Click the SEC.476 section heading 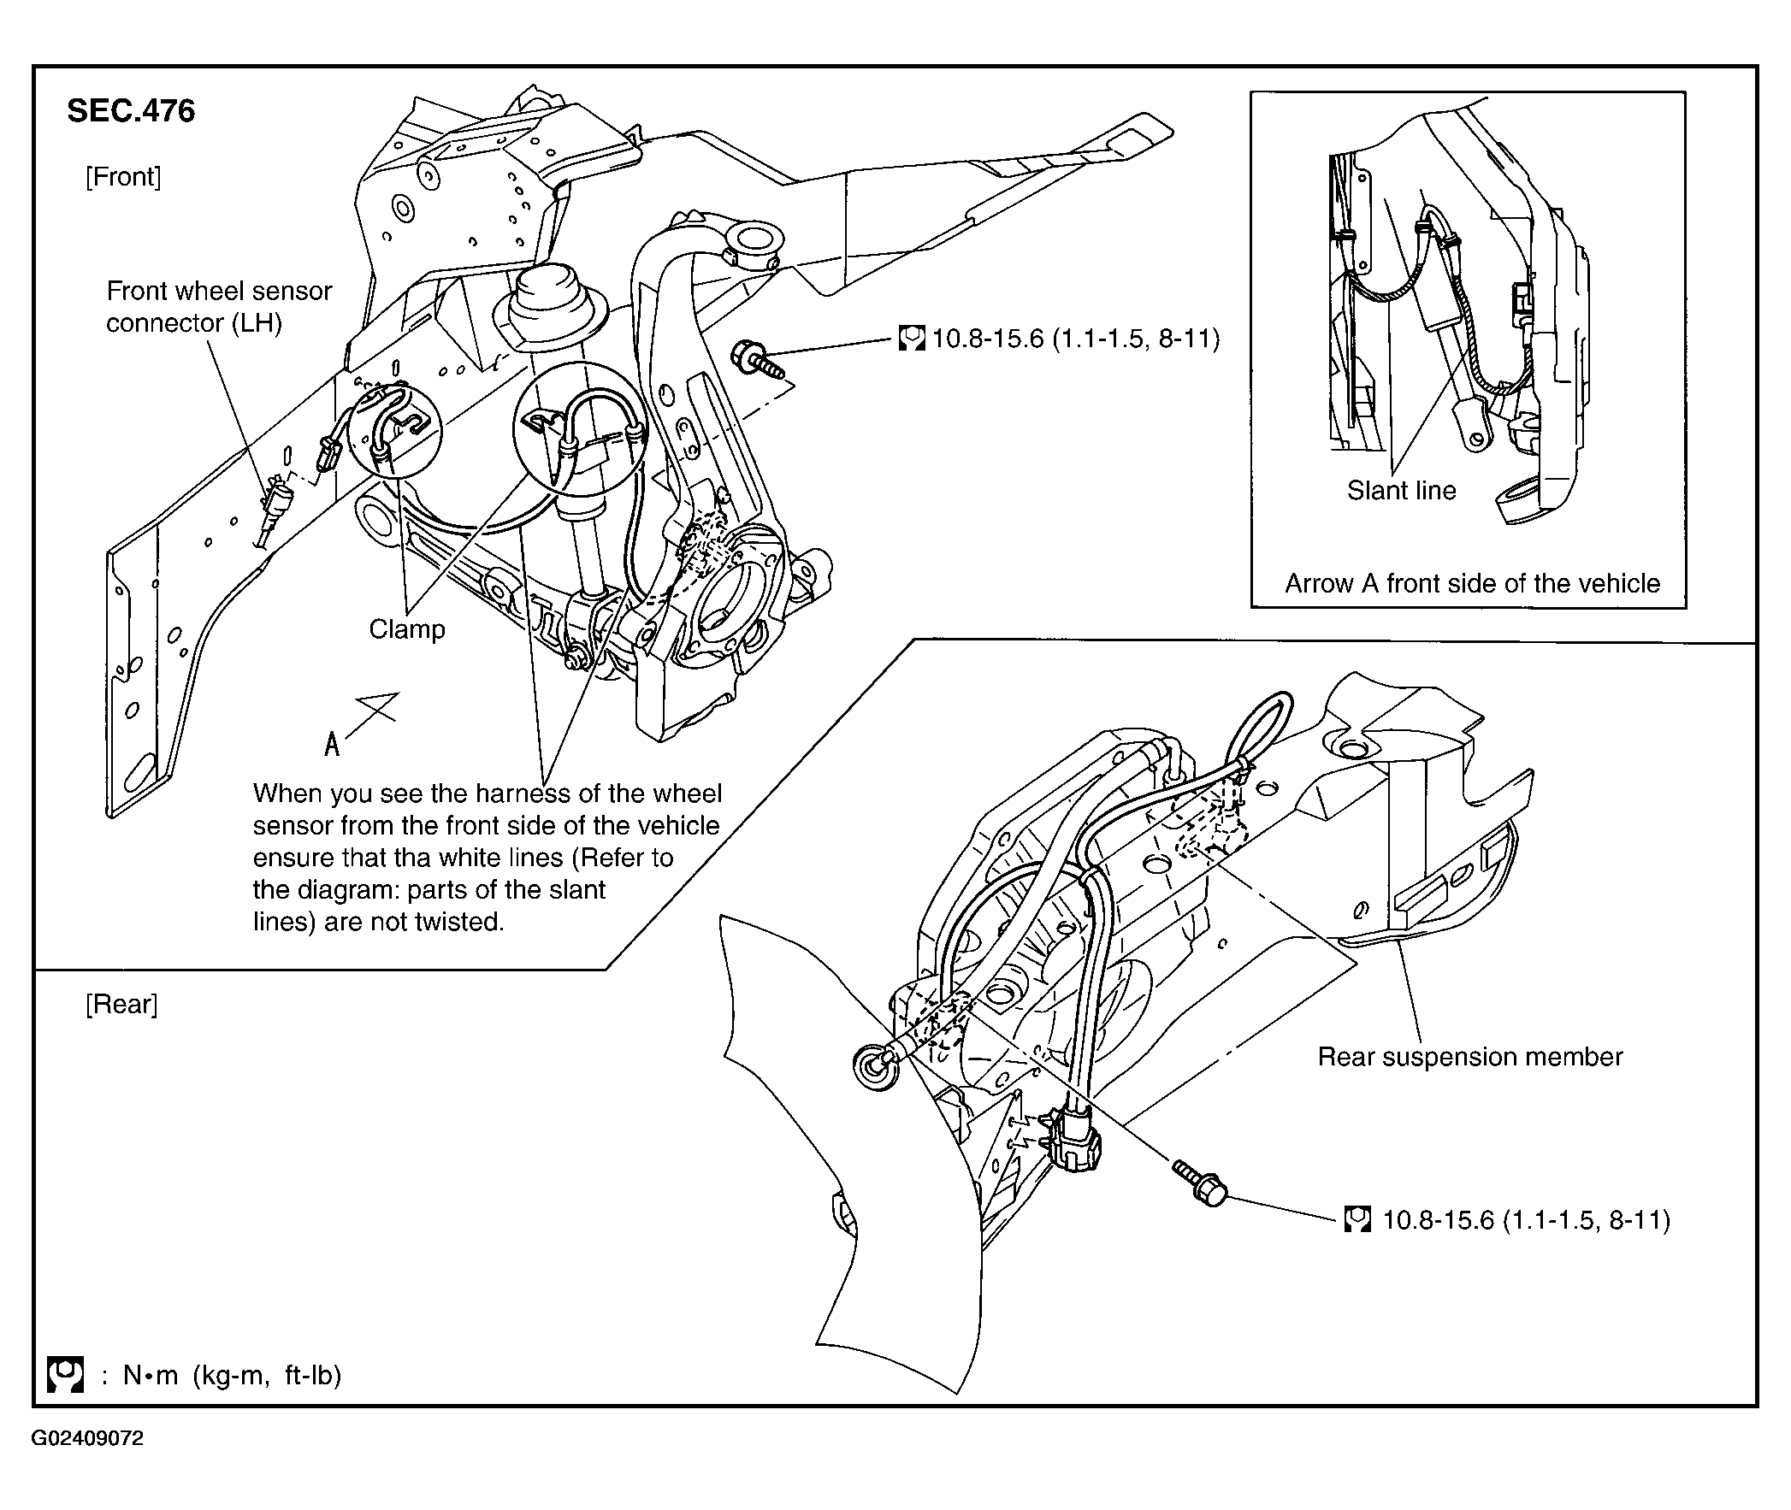(x=131, y=111)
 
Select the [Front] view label (x=123, y=177)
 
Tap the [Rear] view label (x=121, y=1004)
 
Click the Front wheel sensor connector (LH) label (x=219, y=306)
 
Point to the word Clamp (x=406, y=629)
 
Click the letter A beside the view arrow (x=332, y=745)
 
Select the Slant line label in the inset (x=1402, y=491)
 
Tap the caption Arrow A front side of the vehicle (x=1472, y=584)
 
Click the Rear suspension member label (x=1470, y=1057)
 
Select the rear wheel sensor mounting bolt (x=1199, y=1183)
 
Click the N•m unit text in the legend (x=151, y=1376)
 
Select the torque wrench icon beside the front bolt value (x=912, y=338)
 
